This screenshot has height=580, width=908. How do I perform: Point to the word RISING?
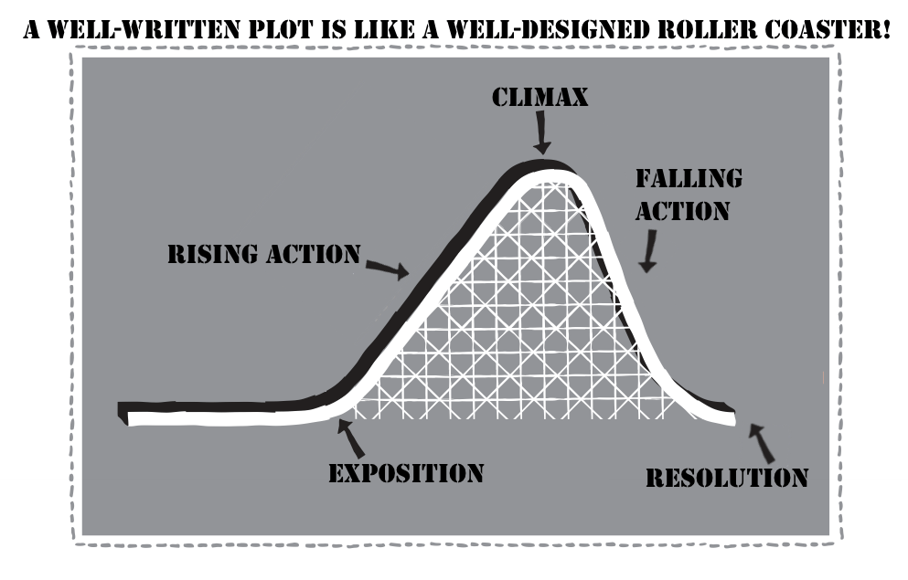pos(213,253)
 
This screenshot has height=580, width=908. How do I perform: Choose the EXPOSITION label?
pos(406,473)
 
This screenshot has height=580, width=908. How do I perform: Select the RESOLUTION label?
pos(726,477)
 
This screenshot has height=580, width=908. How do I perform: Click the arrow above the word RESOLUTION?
pos(761,442)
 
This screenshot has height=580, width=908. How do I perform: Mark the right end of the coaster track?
pos(730,417)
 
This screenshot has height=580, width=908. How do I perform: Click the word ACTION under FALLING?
pos(683,210)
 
